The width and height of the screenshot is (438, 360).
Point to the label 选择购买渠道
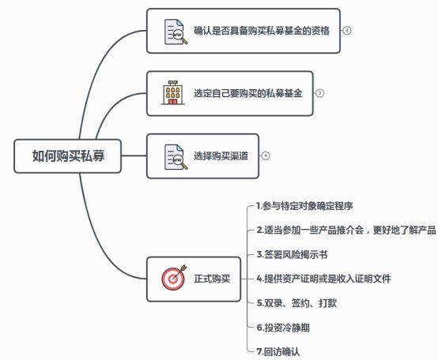(x=221, y=156)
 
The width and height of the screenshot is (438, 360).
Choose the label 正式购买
(x=212, y=278)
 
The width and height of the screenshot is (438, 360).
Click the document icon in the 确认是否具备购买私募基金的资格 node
(x=175, y=31)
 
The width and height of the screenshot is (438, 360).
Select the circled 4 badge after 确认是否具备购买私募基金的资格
(x=346, y=31)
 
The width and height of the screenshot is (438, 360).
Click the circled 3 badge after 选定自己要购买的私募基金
(x=319, y=92)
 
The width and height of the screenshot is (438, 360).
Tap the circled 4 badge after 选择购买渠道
(x=266, y=156)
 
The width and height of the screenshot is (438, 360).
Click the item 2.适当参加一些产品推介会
(x=346, y=230)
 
